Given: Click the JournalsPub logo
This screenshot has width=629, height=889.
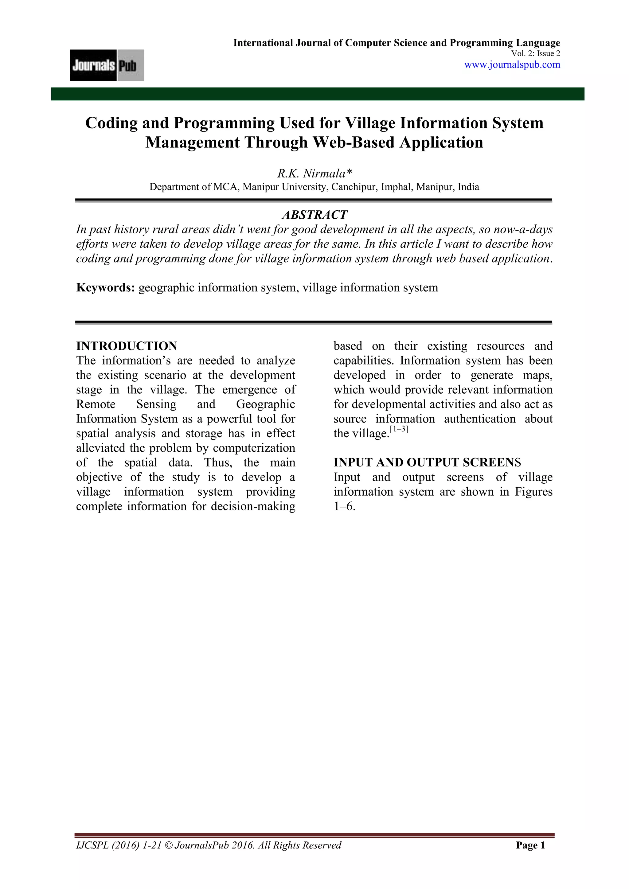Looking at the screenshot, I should pos(107,65).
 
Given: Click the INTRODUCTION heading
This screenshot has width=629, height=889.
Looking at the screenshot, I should pos(127,346).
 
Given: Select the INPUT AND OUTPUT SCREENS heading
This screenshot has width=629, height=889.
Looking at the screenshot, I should pos(427,462).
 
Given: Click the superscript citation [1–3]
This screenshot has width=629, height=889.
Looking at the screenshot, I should pos(399,429).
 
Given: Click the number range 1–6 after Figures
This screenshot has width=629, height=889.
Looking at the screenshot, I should pos(344,506).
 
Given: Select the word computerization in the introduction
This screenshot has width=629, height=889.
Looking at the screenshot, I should pos(254,448).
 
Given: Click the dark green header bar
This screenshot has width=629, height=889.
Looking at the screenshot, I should pos(318,94).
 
